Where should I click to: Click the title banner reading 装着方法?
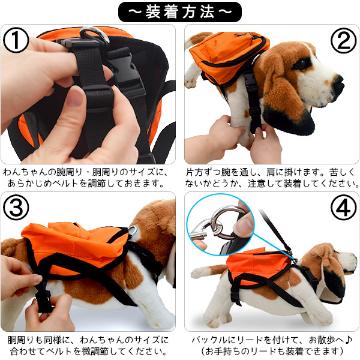coord(180,11)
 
